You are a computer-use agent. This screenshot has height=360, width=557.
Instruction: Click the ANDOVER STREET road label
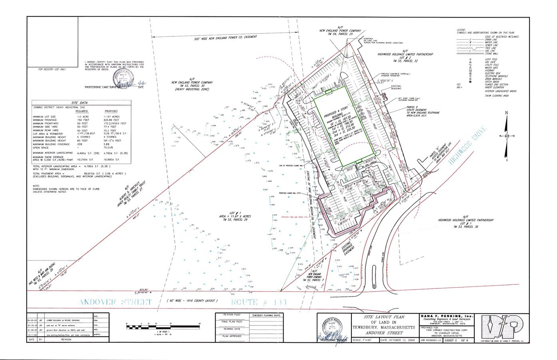pyautogui.click(x=116, y=302)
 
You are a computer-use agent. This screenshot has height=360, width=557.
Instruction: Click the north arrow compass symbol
pyautogui.click(x=507, y=136)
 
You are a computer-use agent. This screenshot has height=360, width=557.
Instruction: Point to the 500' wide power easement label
pyautogui.click(x=226, y=38)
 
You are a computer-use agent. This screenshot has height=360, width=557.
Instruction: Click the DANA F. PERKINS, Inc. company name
pyautogui.click(x=446, y=316)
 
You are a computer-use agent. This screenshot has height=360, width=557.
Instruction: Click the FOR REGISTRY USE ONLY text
pyautogui.click(x=52, y=69)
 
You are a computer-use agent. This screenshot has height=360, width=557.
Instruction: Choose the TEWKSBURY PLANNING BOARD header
pyautogui.click(x=266, y=315)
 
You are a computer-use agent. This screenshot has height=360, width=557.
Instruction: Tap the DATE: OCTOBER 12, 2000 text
pyautogui.click(x=397, y=340)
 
